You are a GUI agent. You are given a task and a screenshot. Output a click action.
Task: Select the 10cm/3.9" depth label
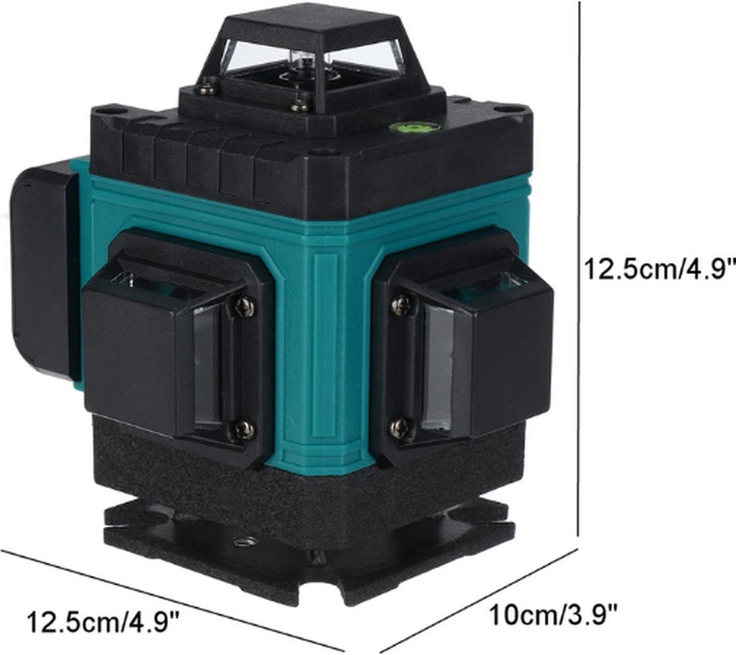coord(552,613)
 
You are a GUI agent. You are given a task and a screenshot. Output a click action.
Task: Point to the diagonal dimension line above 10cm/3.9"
coord(478,600)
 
